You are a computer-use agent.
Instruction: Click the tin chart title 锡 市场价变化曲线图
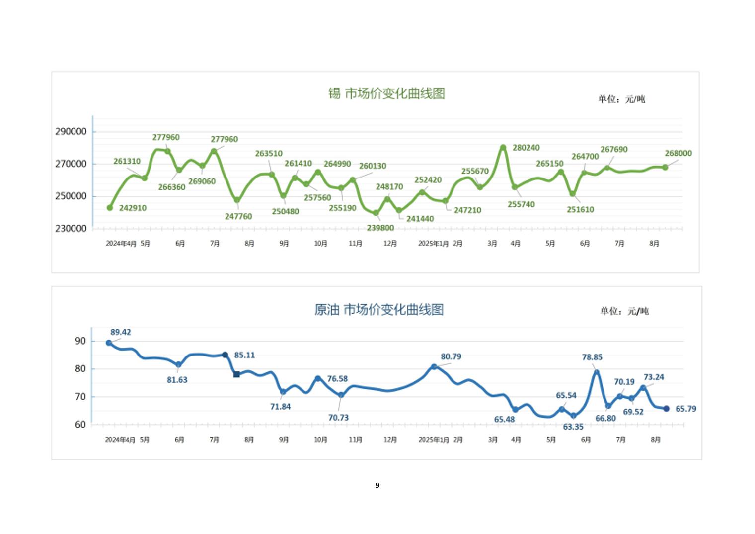point(386,93)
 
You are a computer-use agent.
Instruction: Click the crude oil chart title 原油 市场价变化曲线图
point(378,310)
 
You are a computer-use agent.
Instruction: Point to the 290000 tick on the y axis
point(71,132)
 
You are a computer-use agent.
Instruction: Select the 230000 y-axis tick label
point(71,229)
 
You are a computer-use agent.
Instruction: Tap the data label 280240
point(526,148)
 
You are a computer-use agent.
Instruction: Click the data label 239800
point(380,228)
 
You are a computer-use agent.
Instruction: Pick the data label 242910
point(133,208)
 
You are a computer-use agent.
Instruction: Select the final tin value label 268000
point(678,153)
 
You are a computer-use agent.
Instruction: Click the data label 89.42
point(121,332)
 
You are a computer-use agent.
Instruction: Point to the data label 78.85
point(592,357)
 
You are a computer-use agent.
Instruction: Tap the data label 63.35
point(573,427)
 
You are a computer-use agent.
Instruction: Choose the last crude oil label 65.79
point(685,409)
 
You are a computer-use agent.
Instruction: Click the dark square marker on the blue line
point(236,374)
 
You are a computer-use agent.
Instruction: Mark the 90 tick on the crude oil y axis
point(80,341)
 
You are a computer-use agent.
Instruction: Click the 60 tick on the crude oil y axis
point(80,425)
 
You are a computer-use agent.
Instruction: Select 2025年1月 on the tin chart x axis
point(433,244)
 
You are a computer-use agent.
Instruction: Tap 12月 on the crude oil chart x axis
point(390,440)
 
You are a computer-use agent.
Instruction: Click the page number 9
point(377,485)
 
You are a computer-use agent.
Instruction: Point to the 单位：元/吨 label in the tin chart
point(621,99)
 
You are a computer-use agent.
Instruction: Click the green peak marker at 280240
point(503,147)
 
